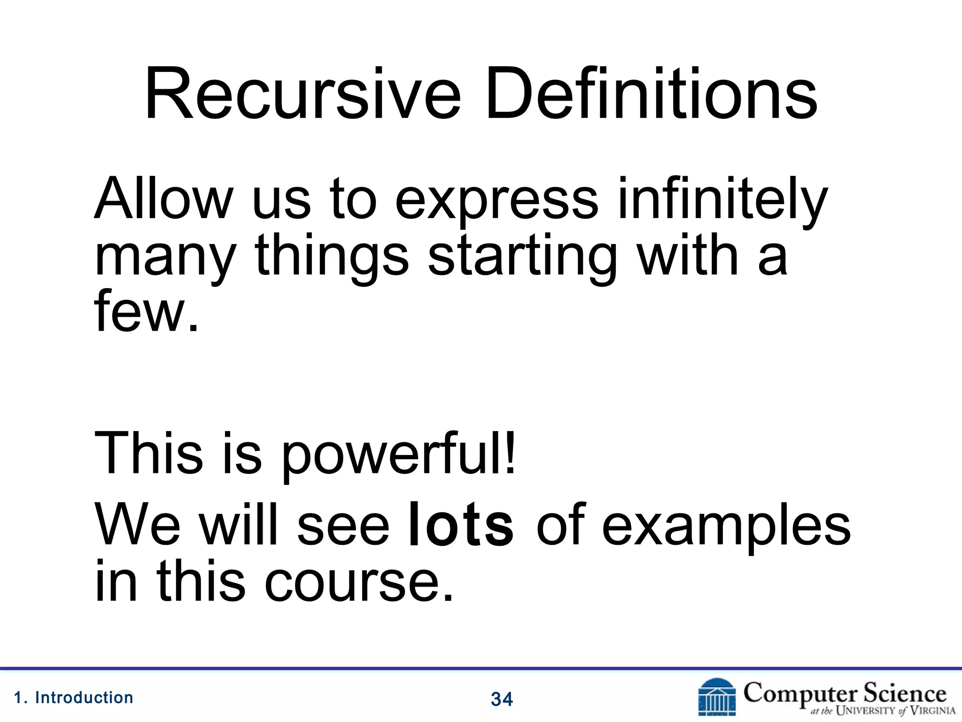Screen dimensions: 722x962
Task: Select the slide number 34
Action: pyautogui.click(x=502, y=699)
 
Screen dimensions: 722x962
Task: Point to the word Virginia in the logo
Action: pyautogui.click(x=932, y=710)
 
